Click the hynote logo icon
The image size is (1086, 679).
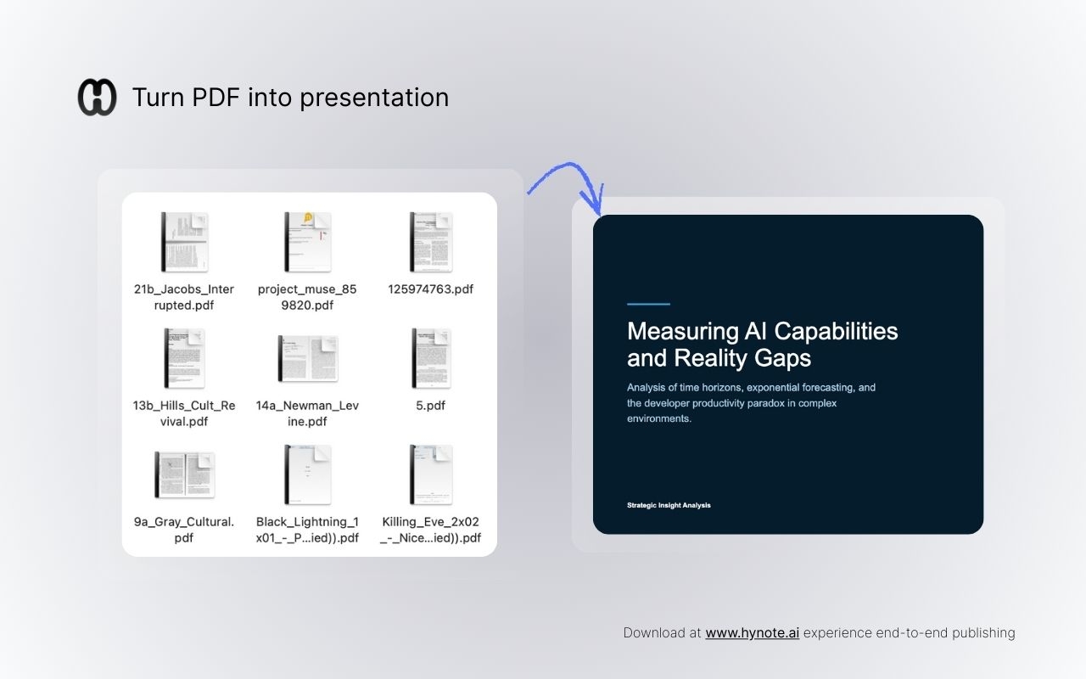point(97,97)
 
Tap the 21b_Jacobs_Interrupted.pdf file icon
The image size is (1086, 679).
point(184,242)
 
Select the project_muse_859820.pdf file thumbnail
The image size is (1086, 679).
point(307,242)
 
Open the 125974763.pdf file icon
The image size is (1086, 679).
point(430,242)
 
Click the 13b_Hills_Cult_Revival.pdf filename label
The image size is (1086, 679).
point(184,413)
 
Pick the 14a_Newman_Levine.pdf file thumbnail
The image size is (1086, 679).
point(307,358)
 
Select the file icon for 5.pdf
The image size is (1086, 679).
point(430,358)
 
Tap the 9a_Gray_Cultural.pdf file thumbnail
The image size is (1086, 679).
point(184,474)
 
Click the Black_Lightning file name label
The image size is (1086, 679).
point(307,530)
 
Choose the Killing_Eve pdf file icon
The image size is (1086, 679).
point(430,474)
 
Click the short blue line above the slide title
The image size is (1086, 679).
point(648,304)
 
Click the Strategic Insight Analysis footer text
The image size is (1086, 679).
point(669,505)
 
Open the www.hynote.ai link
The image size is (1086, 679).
point(752,632)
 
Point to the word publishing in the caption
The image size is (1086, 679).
point(982,632)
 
